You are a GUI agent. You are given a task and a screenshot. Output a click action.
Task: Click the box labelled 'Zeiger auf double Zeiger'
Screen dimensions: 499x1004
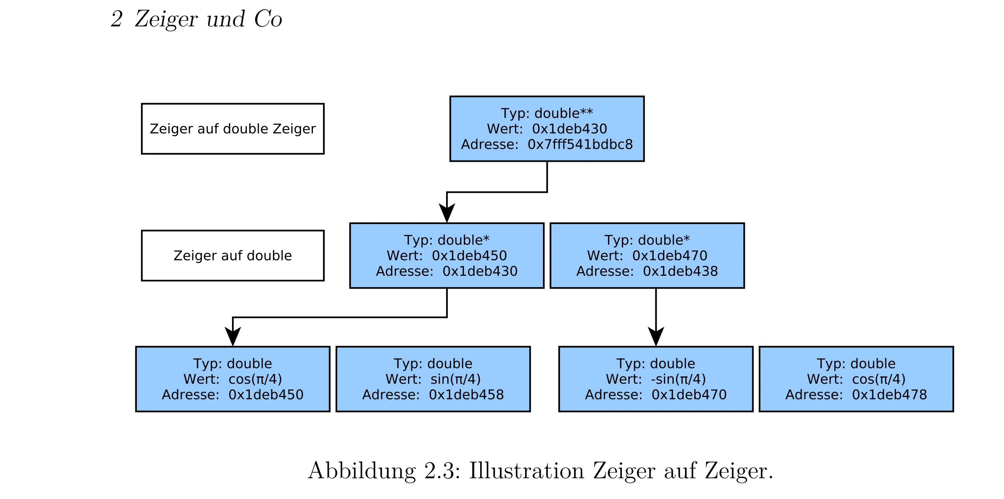pos(232,129)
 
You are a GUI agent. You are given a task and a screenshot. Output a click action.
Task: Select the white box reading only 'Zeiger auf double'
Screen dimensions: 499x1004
pos(232,256)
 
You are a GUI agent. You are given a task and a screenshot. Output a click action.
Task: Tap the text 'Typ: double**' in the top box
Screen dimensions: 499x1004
pos(547,113)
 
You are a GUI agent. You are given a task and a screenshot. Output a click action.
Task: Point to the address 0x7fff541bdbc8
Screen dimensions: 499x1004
pos(580,144)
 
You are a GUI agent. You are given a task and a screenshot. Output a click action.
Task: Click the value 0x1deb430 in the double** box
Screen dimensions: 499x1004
pos(569,129)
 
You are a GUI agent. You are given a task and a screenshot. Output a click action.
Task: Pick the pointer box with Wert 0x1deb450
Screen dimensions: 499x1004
pos(447,256)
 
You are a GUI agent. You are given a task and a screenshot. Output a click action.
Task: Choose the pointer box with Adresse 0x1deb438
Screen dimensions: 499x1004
pos(647,256)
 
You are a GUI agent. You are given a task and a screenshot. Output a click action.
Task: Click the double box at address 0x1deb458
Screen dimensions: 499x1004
pos(433,379)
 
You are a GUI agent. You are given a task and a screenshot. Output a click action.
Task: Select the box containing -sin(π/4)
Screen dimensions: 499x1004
pos(655,379)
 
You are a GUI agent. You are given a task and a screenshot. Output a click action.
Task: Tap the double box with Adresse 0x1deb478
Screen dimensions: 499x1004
pos(856,379)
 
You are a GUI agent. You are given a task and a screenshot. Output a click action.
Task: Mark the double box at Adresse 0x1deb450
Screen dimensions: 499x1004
pos(232,379)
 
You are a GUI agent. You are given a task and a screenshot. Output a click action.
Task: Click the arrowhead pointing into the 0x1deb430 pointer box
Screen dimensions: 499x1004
pos(447,214)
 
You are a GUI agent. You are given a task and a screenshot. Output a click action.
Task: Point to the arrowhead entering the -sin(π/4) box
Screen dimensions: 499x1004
pos(656,337)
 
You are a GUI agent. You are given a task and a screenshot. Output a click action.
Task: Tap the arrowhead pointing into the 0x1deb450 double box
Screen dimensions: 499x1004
pos(233,337)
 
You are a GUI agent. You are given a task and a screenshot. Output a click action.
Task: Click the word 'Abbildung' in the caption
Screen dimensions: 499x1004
pos(362,471)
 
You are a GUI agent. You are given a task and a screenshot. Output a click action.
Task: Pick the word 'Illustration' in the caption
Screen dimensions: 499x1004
pos(526,471)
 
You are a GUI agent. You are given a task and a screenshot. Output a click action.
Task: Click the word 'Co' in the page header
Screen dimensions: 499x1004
pos(268,19)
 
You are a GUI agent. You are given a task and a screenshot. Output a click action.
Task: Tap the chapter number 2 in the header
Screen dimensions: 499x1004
pos(117,19)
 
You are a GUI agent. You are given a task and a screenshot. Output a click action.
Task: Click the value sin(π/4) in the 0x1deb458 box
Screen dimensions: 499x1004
pos(455,379)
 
